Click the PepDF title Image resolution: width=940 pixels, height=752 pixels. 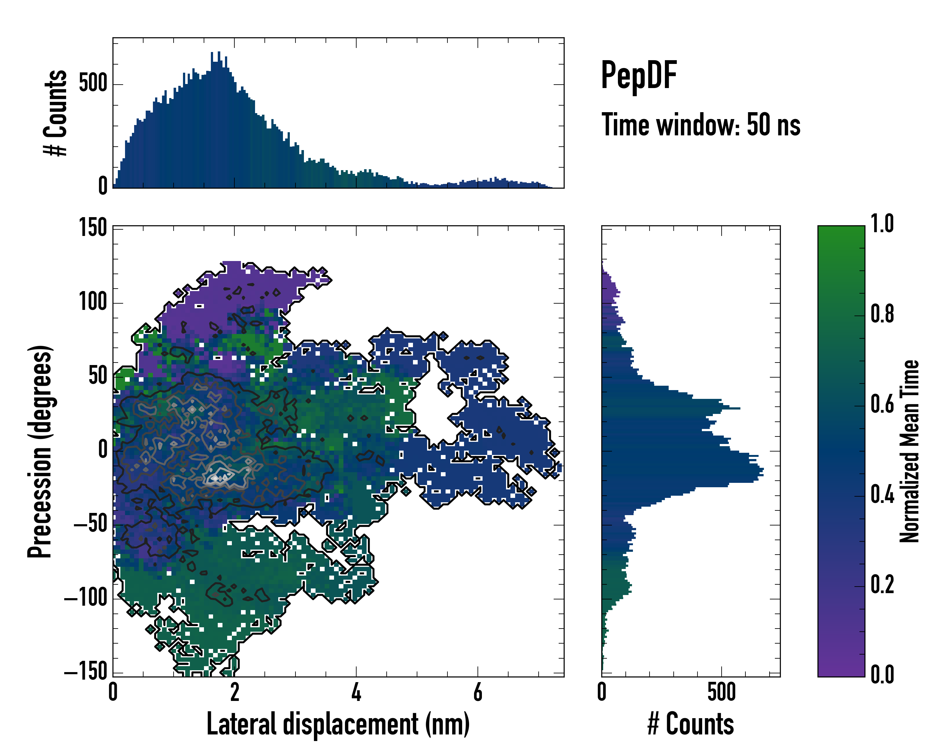click(638, 76)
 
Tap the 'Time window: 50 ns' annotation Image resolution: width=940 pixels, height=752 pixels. click(701, 125)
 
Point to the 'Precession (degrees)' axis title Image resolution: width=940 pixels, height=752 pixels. click(40, 451)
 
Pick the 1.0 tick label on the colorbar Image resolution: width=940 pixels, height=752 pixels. click(882, 224)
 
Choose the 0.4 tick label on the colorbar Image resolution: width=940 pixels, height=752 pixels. click(882, 495)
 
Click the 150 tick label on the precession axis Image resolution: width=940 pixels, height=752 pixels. click(93, 227)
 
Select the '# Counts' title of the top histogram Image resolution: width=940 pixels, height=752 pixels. click(55, 113)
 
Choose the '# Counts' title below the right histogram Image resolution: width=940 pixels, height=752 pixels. click(691, 724)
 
